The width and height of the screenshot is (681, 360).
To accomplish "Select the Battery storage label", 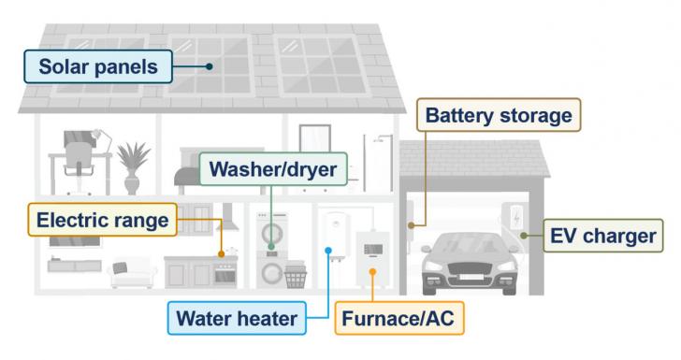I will [499, 117].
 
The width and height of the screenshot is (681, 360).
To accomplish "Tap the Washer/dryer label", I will [272, 170].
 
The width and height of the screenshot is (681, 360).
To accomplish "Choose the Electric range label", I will [103, 222].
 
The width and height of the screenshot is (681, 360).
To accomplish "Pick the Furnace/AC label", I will [398, 318].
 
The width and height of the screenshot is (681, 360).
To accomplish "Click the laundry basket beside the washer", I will [296, 276].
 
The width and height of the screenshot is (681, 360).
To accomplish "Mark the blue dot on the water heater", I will [327, 250].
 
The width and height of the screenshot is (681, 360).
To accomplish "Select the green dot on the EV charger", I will [524, 235].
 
